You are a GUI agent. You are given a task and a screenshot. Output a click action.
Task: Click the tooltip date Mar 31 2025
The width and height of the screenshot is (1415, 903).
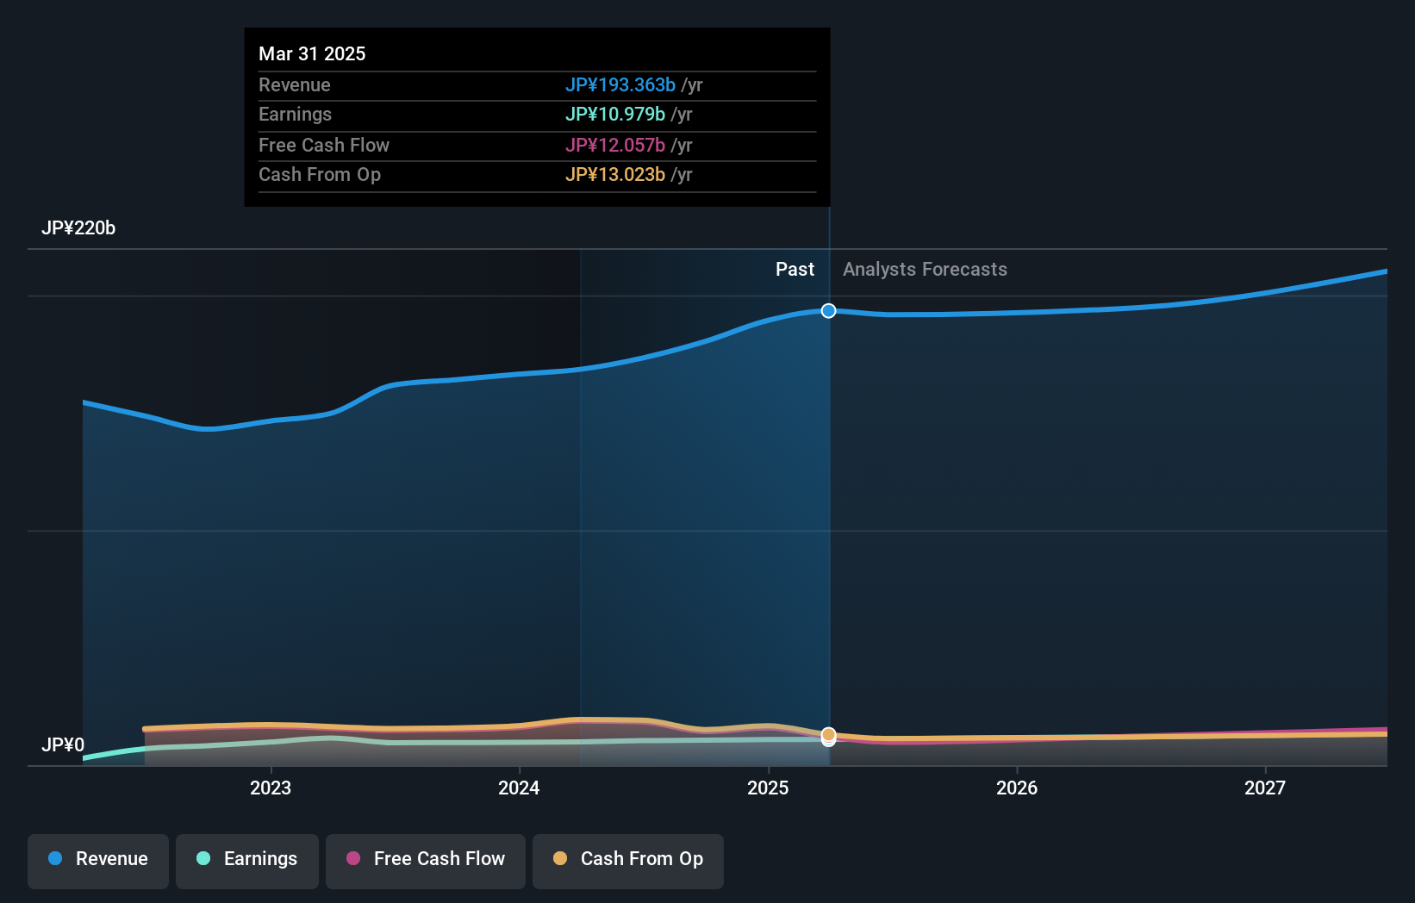(x=312, y=53)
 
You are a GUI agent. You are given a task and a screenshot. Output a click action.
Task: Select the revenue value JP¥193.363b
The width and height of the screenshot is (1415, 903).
(x=620, y=84)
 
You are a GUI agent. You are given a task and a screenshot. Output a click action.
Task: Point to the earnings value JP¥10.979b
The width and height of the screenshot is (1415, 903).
(x=614, y=114)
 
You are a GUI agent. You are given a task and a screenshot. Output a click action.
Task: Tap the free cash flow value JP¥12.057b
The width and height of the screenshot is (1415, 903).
(x=614, y=145)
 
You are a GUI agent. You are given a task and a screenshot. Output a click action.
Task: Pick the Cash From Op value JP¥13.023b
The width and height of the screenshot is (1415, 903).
(x=614, y=174)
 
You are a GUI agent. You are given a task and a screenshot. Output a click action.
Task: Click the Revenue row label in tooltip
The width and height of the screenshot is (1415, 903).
(x=294, y=84)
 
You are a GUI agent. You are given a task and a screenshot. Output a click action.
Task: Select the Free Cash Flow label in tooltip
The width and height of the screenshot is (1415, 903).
(x=323, y=145)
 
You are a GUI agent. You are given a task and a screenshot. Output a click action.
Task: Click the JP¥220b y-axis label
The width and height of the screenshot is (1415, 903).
(x=78, y=227)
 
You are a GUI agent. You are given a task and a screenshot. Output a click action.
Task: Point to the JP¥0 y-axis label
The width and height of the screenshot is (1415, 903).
(x=63, y=744)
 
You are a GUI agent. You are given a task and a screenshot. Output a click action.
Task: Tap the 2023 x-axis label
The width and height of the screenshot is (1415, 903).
(x=271, y=788)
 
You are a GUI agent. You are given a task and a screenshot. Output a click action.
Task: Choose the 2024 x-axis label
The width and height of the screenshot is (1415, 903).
(x=519, y=788)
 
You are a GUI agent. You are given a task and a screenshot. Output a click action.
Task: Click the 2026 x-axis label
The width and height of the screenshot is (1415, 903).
(x=1017, y=788)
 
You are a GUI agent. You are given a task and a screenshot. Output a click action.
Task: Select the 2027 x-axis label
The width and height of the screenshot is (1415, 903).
(x=1265, y=788)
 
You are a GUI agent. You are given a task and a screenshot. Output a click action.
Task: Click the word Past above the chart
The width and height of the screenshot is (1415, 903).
(x=795, y=269)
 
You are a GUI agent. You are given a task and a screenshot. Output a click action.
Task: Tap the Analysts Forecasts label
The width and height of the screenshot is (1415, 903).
(x=925, y=269)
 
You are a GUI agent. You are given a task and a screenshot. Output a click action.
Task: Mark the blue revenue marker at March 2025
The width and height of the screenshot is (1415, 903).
(x=828, y=310)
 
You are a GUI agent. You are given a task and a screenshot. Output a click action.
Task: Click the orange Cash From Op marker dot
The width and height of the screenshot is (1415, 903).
(x=828, y=734)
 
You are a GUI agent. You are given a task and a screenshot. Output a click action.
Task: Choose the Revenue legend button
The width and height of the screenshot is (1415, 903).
(x=98, y=860)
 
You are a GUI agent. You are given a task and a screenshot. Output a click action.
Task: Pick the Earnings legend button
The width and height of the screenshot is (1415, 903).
(x=247, y=860)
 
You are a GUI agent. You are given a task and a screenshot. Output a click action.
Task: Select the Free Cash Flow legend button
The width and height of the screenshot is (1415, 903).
(x=426, y=860)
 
